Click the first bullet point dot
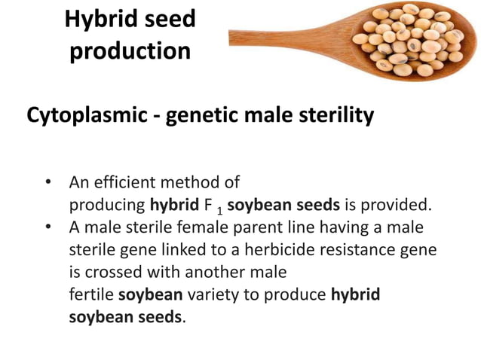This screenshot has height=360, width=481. (47, 183)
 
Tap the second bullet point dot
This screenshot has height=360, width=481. (47, 227)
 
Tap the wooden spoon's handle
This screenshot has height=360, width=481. (279, 35)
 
